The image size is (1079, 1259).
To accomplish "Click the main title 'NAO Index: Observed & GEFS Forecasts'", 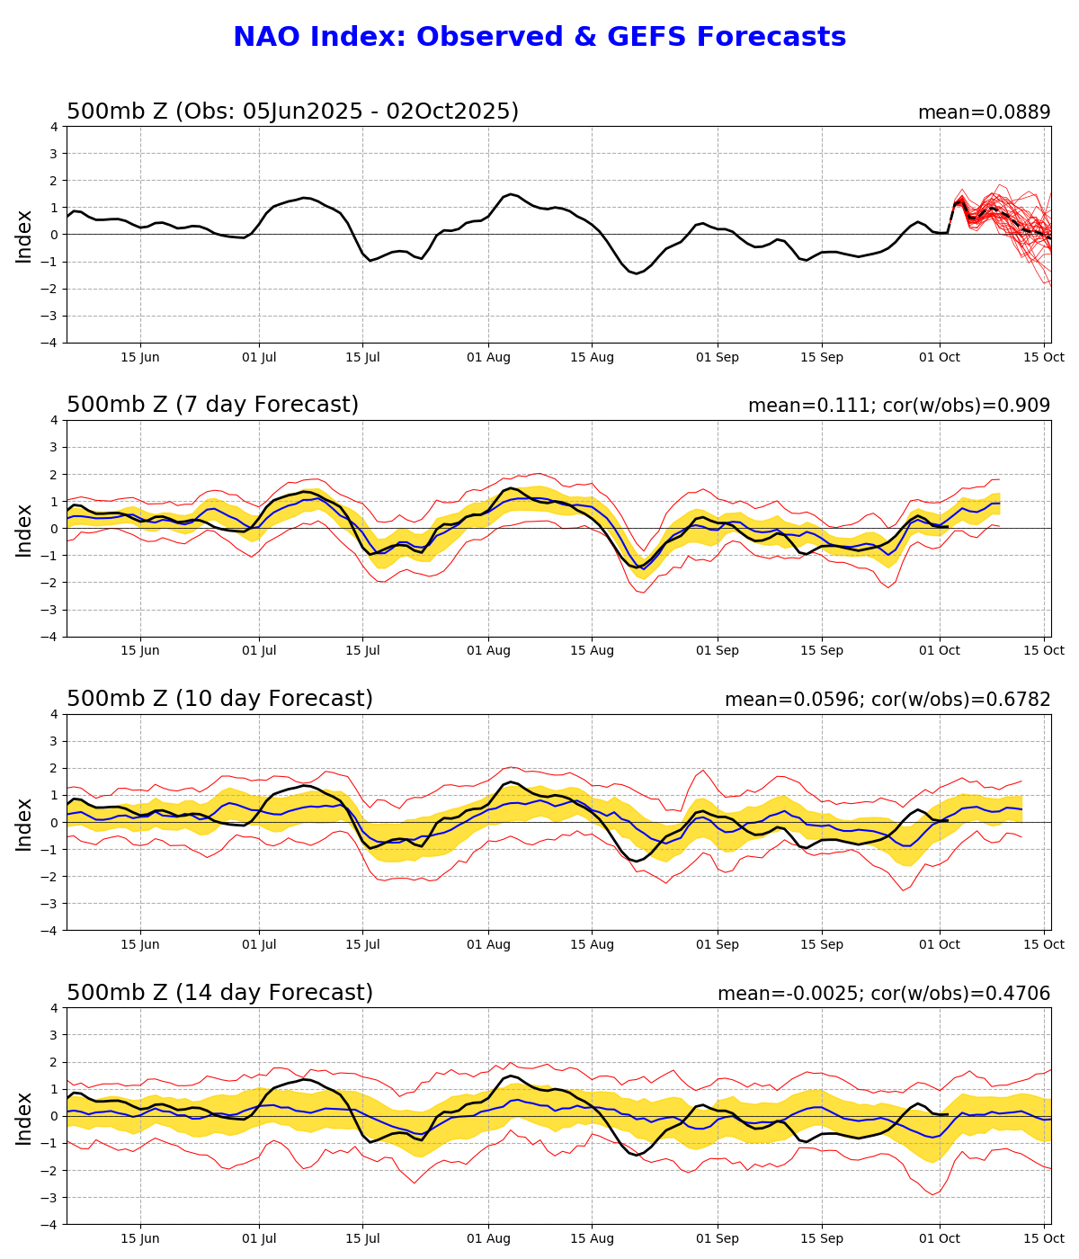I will click(x=539, y=38).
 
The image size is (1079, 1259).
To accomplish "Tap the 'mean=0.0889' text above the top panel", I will click(x=984, y=112).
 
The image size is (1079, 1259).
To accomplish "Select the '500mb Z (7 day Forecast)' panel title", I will click(x=212, y=405).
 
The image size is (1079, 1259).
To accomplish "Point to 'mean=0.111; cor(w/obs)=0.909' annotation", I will click(x=899, y=406).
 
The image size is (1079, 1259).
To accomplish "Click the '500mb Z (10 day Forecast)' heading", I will click(x=219, y=699).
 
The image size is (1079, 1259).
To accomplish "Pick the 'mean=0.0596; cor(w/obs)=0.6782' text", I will click(x=887, y=700).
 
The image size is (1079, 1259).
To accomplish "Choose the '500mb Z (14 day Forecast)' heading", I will click(x=219, y=993).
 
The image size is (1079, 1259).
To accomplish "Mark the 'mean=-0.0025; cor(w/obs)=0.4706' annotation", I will click(x=884, y=994).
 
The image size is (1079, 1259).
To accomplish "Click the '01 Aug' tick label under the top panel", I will click(x=488, y=357).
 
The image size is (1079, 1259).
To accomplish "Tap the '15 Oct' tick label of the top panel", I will click(x=1044, y=357).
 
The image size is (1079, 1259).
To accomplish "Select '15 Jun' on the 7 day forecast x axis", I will click(x=140, y=650).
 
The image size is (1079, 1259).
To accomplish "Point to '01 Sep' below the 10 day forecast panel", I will click(x=718, y=944).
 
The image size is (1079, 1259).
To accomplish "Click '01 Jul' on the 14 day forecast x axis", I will click(x=260, y=1238).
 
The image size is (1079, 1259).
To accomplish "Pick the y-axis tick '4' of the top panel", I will click(x=54, y=127).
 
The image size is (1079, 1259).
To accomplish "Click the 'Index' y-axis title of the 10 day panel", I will click(x=24, y=823).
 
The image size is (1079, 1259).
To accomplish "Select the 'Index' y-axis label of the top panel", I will click(x=24, y=236).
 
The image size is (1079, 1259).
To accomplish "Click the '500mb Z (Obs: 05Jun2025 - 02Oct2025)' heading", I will click(x=292, y=112).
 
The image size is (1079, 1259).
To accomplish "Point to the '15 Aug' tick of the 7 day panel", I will click(x=592, y=650).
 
